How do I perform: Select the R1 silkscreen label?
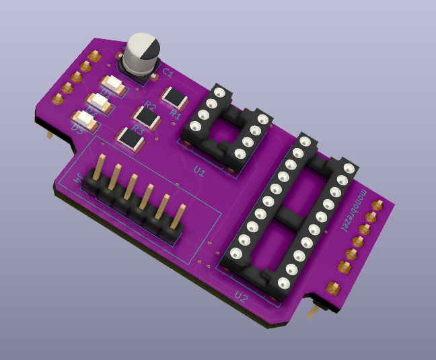click(x=176, y=114)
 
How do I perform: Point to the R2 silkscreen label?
click(x=149, y=107)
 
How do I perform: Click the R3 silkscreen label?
click(x=137, y=128)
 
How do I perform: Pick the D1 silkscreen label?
click(x=107, y=92)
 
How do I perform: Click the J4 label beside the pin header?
click(x=79, y=179)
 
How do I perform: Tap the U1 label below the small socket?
click(x=199, y=172)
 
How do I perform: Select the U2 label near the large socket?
click(x=241, y=296)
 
